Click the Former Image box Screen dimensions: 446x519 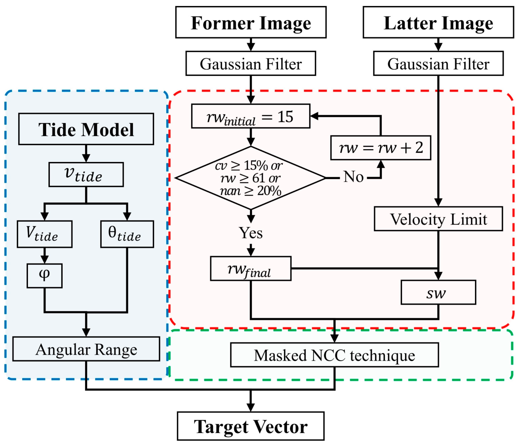point(251,22)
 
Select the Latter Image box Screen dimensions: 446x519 point(438,22)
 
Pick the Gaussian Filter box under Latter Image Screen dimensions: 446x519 point(438,63)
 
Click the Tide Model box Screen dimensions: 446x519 point(86,129)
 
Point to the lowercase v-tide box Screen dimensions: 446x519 point(86,175)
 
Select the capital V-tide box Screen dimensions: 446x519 point(45,234)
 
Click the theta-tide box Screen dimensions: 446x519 point(127,234)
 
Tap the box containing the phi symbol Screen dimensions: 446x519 point(44,276)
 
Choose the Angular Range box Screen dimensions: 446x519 point(86,349)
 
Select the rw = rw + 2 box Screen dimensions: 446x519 point(381,148)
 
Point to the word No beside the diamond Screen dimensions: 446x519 point(353,177)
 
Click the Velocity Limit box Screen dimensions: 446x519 point(438,219)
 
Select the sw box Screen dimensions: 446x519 point(438,292)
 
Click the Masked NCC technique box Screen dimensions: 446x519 point(334,355)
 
